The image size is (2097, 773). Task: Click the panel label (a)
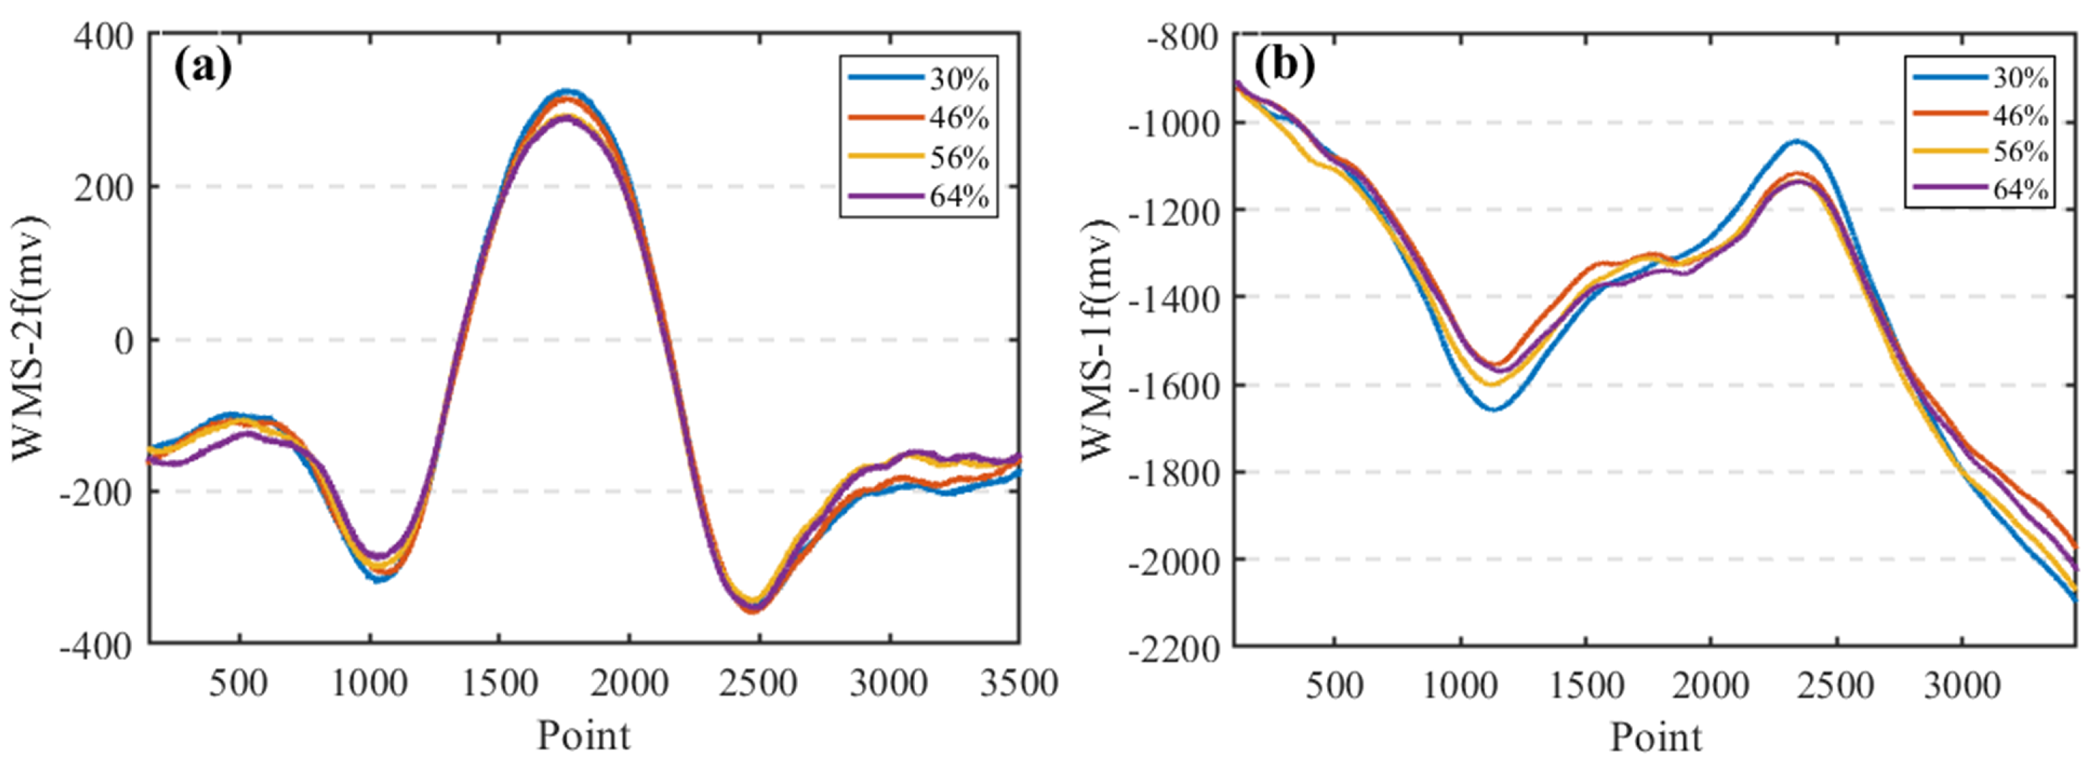202,67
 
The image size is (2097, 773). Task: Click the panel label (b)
1284,65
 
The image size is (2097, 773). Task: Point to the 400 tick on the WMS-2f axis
103,36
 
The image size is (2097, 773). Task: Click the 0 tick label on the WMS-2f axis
123,341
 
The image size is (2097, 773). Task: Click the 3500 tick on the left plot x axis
1018,683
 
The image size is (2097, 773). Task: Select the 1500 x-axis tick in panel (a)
499,683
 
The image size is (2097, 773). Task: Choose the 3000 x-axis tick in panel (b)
1962,686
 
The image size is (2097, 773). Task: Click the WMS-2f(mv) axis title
29,338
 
